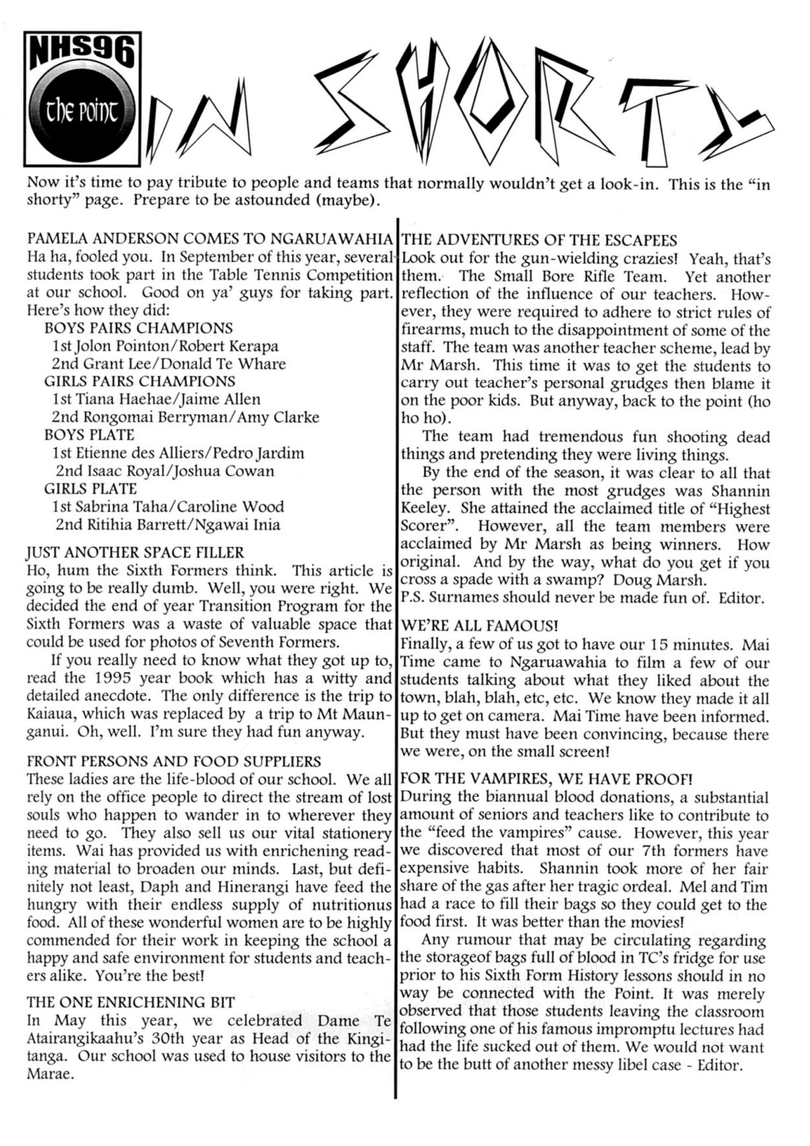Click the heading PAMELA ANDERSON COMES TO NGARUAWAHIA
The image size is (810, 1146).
pyautogui.click(x=210, y=239)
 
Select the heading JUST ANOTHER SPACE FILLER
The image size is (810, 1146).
pyautogui.click(x=136, y=553)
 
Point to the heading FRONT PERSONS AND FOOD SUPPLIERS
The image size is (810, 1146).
pyautogui.click(x=174, y=761)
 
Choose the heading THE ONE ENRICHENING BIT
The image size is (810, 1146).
pyautogui.click(x=131, y=1002)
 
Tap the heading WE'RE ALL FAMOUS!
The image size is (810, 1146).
pyautogui.click(x=480, y=626)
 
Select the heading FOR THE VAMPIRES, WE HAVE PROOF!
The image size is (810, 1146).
pyautogui.click(x=546, y=779)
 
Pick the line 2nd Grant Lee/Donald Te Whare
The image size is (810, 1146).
pyautogui.click(x=169, y=364)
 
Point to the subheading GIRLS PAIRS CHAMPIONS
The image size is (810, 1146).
pyautogui.click(x=139, y=381)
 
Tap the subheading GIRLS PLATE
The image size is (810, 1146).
pyautogui.click(x=90, y=489)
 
